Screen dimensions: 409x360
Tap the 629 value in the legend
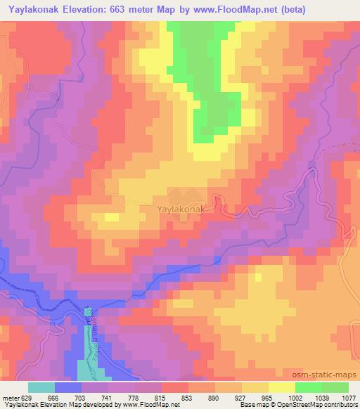coord(27,397)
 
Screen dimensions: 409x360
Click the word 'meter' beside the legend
coord(10,397)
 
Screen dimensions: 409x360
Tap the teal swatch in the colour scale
coord(41,387)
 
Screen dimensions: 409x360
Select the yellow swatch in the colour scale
coord(282,387)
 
